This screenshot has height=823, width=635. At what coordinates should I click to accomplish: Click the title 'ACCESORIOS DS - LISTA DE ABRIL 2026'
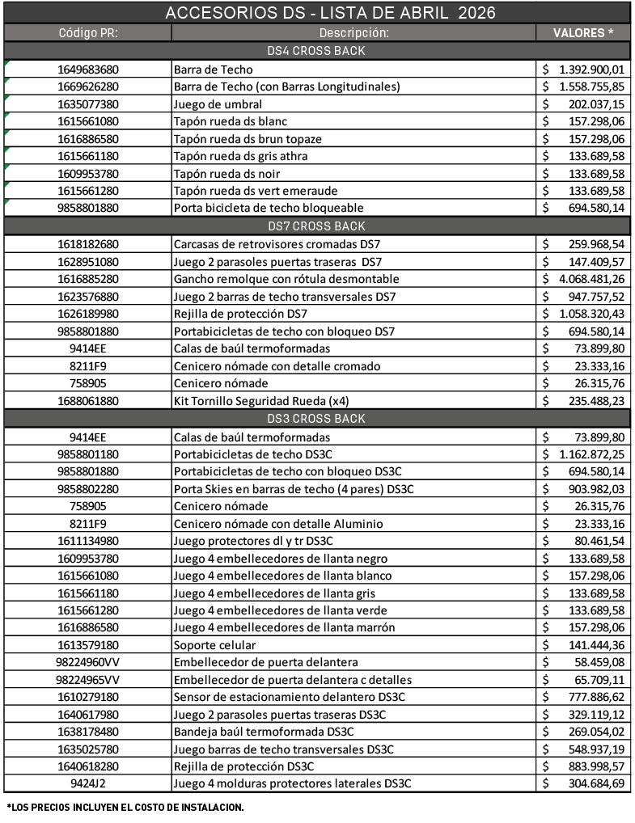[317, 13]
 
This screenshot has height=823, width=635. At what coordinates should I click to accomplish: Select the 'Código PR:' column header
[88, 33]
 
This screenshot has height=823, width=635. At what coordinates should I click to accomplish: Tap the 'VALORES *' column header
[582, 33]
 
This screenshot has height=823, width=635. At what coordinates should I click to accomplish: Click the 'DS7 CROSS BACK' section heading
[317, 226]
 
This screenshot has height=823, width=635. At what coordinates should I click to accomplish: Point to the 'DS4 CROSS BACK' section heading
[317, 51]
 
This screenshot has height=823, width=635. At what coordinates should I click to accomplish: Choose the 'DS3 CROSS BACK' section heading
[317, 419]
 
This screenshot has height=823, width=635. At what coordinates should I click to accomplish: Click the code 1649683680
[88, 70]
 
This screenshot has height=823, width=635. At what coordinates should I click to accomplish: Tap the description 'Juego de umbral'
[218, 104]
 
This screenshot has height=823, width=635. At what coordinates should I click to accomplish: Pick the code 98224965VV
[88, 679]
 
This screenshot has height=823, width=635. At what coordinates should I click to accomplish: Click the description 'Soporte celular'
[214, 645]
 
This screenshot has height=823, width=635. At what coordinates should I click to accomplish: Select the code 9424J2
[88, 783]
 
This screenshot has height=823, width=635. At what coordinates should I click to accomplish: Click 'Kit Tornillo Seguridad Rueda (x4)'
[261, 401]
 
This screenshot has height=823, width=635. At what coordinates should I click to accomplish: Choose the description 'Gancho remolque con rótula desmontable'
[286, 279]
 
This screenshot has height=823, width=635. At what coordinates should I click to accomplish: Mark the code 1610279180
[88, 697]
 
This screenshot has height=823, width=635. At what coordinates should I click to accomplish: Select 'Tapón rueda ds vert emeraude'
[252, 191]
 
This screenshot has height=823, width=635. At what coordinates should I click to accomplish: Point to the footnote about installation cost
[125, 807]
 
